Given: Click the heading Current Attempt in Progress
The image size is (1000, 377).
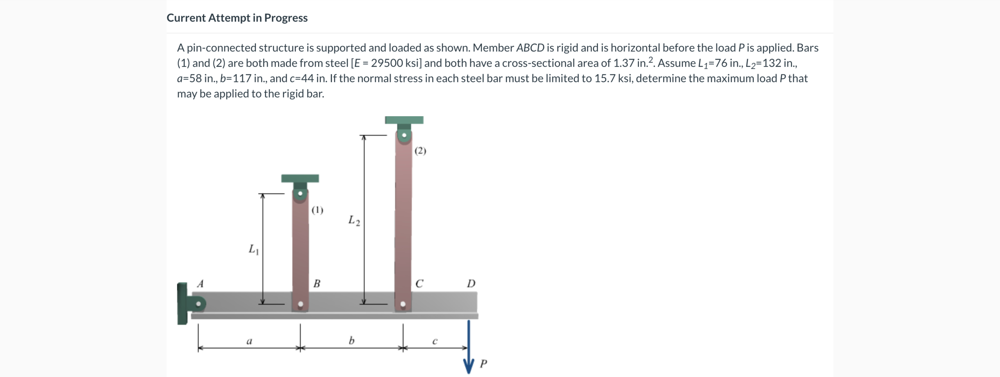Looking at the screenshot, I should tap(237, 18).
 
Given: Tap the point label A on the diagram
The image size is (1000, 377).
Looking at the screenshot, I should tap(200, 284).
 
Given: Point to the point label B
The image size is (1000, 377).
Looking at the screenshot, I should tap(317, 284).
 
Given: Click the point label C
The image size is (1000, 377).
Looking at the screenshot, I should tap(419, 284).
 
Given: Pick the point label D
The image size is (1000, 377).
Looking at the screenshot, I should tap(471, 283).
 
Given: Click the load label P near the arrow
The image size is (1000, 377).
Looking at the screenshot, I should tap(483, 364).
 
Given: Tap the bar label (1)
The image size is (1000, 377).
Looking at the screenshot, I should tap(317, 210).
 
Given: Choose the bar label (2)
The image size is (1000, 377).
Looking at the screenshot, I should tap(420, 151).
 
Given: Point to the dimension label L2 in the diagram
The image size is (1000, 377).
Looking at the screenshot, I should tap(354, 220).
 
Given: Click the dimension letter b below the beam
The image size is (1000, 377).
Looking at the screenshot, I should tap(351, 341).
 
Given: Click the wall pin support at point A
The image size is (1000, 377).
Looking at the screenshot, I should tap(198, 303).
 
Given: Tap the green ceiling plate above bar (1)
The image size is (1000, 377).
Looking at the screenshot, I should tap(300, 178).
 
